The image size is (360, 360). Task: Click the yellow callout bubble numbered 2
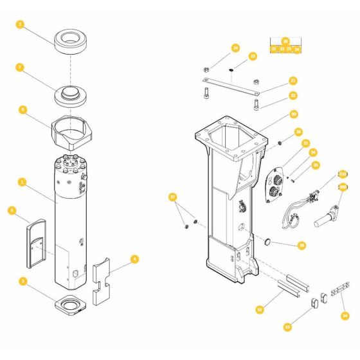[x=20, y=25]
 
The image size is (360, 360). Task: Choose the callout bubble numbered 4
[x=134, y=259]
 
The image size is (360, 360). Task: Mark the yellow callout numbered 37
[x=172, y=196]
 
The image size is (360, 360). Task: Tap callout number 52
[x=259, y=309]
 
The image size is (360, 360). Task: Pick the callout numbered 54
[x=344, y=315]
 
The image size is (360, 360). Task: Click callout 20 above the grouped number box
[x=285, y=41]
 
